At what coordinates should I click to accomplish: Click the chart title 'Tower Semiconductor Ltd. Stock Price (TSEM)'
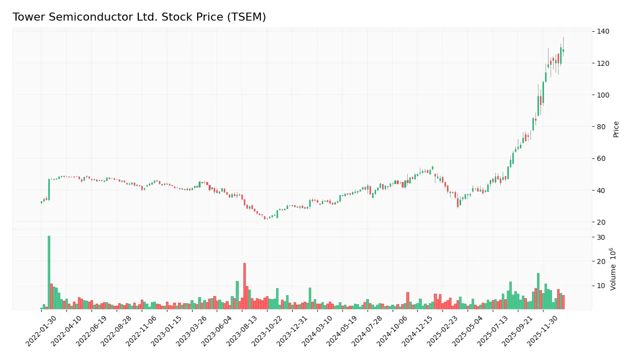[x=139, y=17]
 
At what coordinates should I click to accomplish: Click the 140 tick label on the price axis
[x=603, y=31]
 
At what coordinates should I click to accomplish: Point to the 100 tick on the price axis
[x=603, y=95]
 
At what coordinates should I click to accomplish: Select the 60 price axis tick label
[x=601, y=158]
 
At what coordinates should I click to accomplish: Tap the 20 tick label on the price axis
[x=601, y=222]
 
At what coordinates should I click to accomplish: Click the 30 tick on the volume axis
[x=601, y=237]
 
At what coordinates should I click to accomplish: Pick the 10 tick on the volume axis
[x=601, y=286]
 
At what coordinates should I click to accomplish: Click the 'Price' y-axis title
[x=616, y=129]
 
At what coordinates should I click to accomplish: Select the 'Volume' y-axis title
[x=614, y=269]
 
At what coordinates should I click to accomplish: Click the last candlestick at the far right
[x=563, y=50]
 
